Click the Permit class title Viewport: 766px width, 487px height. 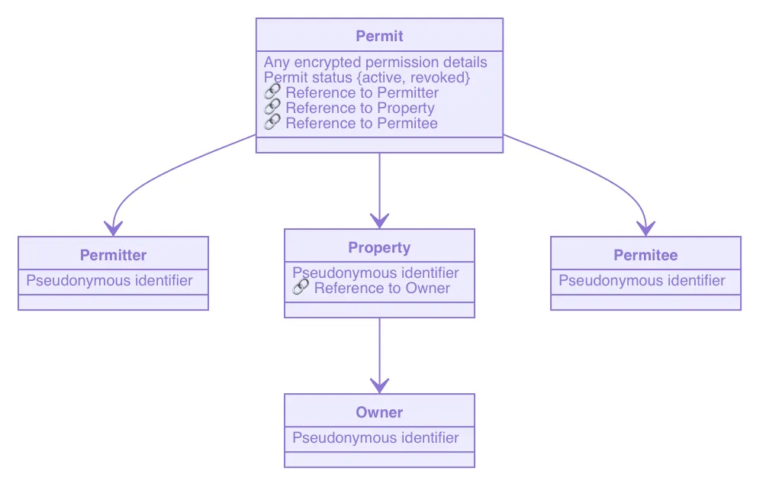[379, 36]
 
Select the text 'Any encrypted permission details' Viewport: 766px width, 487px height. [375, 63]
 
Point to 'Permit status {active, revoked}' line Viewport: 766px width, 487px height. [367, 78]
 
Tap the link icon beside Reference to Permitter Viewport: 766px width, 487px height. [272, 93]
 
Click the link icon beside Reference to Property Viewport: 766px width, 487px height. [272, 108]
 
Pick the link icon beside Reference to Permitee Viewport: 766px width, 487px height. [272, 124]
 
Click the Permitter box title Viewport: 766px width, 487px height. [113, 255]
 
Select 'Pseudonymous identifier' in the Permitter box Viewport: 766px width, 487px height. [109, 281]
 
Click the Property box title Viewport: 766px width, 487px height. [379, 247]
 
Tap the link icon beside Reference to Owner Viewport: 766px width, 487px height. [301, 289]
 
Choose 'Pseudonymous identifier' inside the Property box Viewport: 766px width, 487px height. [375, 273]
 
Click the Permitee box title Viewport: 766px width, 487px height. [645, 255]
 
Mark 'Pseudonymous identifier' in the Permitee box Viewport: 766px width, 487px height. [642, 281]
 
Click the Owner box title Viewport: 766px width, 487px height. [379, 412]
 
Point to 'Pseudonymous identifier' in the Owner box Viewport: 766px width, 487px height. [375, 438]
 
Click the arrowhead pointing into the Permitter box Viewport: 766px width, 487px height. [113, 227]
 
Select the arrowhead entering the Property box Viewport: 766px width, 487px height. [379, 221]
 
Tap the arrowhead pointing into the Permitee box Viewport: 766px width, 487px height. [645, 227]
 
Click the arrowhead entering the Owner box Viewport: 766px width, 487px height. [379, 385]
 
